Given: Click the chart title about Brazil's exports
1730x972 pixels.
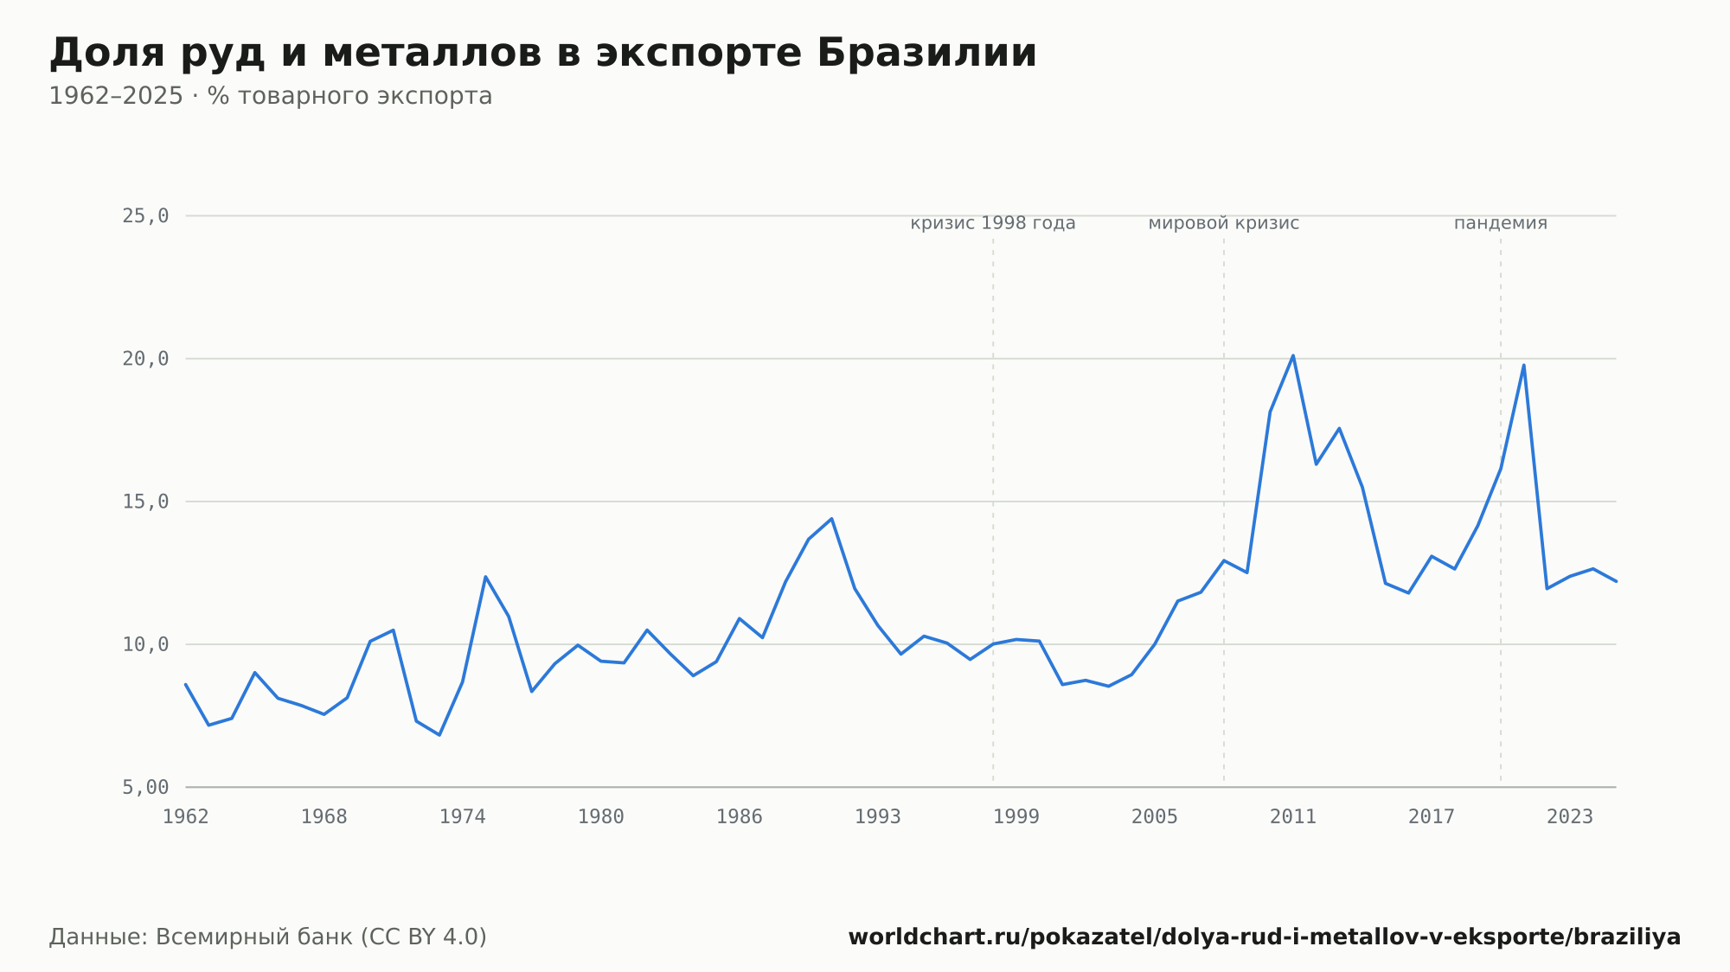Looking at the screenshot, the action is click(x=542, y=54).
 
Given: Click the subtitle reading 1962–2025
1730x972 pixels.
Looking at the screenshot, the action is click(x=270, y=96).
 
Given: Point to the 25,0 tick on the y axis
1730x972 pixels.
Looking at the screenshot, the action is click(x=145, y=216).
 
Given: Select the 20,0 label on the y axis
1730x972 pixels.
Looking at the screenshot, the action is click(x=145, y=359).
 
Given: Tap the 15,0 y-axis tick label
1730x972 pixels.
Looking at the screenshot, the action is click(x=145, y=502).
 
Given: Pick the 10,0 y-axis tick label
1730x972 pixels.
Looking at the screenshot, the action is click(x=145, y=644).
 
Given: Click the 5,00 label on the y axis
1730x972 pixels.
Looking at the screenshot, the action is click(x=145, y=787).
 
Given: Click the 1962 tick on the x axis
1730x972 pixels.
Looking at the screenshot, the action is click(x=186, y=817).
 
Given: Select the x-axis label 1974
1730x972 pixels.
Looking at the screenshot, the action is click(x=463, y=817).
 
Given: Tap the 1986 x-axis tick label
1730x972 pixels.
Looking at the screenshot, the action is click(x=740, y=817).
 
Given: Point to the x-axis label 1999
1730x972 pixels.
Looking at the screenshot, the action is click(x=1016, y=817).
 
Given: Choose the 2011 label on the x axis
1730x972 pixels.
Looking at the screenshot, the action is click(x=1293, y=817).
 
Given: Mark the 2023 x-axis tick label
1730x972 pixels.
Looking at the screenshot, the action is click(x=1570, y=817).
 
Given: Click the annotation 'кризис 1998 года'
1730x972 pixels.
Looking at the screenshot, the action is click(x=993, y=223).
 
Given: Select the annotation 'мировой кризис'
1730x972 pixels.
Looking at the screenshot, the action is click(x=1224, y=223).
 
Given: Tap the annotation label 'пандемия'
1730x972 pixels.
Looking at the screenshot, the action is click(x=1501, y=223).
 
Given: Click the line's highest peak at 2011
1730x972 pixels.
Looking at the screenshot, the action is click(x=1293, y=355).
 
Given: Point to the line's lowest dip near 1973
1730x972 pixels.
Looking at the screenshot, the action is click(x=439, y=735).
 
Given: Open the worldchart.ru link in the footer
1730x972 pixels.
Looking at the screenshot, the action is click(x=1265, y=937).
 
